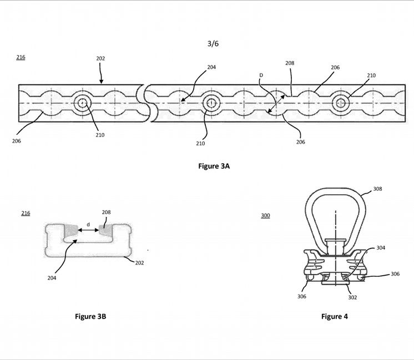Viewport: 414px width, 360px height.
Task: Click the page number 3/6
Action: (213, 44)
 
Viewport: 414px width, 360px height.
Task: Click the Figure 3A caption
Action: (214, 166)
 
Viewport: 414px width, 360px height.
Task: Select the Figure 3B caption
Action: (90, 316)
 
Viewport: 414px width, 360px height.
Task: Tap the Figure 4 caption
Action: (335, 316)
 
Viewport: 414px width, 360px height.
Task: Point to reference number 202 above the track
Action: (100, 58)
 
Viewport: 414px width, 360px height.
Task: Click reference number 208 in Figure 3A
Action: (290, 63)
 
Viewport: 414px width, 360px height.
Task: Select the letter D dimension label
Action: (261, 75)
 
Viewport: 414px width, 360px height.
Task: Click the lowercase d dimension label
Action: (88, 225)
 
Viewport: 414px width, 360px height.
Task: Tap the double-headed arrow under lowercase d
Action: (88, 230)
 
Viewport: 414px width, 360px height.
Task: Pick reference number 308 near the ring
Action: (377, 189)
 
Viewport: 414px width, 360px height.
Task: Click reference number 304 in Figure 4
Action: (381, 248)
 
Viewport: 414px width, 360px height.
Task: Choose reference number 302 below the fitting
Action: (352, 297)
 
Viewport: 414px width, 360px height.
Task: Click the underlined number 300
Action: (265, 216)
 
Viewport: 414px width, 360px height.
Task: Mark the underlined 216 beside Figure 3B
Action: (26, 213)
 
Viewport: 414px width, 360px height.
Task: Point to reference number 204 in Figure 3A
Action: (211, 67)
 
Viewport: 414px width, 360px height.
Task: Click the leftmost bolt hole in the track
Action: (83, 103)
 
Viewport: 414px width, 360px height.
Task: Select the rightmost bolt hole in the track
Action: (341, 103)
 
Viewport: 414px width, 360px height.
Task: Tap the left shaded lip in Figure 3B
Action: (70, 230)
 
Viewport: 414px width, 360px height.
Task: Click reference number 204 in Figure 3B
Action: (52, 278)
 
